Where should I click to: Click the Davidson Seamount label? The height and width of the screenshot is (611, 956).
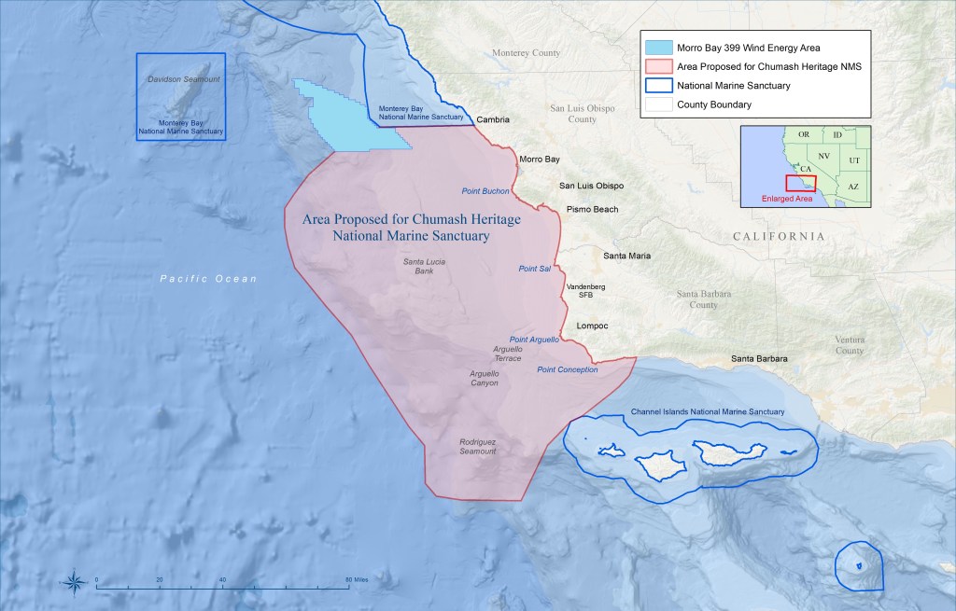(x=183, y=80)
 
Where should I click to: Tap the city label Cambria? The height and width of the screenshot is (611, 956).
(x=493, y=119)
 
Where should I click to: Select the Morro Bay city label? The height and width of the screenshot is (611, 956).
(x=539, y=160)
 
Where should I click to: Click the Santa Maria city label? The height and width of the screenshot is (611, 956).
(x=627, y=256)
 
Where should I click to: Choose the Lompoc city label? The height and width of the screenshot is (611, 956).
(x=593, y=326)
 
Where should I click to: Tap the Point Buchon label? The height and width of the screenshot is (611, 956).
(x=485, y=191)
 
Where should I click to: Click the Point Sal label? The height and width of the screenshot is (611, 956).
(x=535, y=269)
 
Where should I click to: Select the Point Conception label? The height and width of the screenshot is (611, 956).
(x=568, y=370)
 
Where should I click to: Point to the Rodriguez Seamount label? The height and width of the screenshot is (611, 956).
(x=477, y=447)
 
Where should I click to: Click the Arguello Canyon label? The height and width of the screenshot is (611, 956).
(x=484, y=378)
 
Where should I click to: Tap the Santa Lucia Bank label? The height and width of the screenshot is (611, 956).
(x=424, y=267)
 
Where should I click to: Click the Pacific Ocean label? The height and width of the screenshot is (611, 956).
(x=207, y=279)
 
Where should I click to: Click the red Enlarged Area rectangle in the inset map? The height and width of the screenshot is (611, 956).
(x=800, y=183)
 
